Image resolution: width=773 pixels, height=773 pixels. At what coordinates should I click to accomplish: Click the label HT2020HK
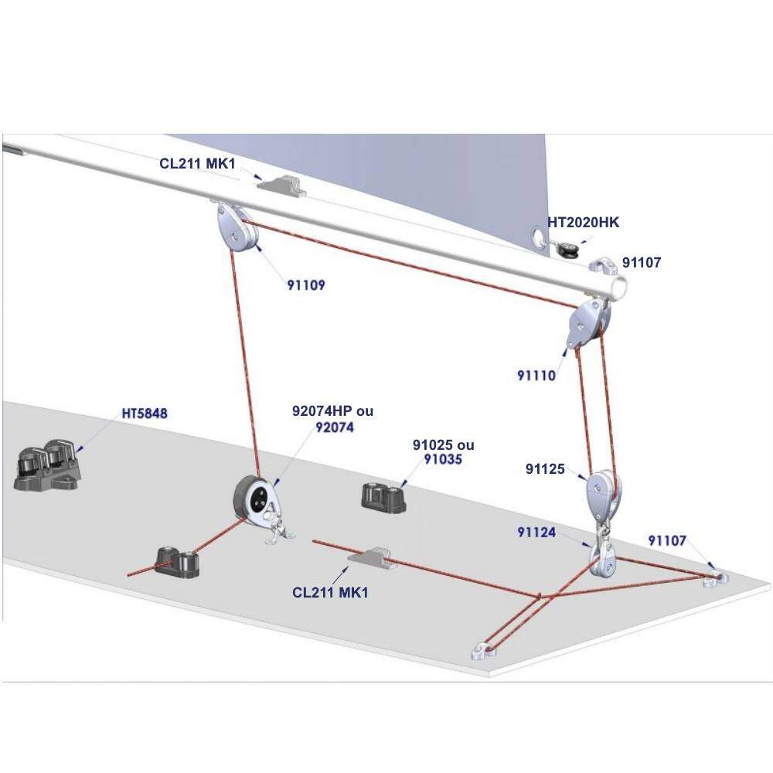tap(583, 223)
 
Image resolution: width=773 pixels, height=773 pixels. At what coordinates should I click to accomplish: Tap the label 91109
tap(306, 285)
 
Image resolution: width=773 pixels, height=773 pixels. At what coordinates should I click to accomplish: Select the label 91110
tap(536, 375)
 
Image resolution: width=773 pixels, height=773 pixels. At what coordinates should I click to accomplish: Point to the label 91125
tap(545, 469)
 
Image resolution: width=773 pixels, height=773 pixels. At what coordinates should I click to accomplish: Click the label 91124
tap(536, 533)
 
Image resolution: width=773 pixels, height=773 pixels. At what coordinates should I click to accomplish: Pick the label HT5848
tap(145, 413)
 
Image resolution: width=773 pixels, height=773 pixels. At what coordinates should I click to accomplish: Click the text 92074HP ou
tap(332, 410)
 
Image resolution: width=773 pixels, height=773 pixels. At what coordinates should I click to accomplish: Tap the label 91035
tap(443, 459)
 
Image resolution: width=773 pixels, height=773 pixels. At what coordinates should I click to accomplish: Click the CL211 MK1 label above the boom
tap(197, 164)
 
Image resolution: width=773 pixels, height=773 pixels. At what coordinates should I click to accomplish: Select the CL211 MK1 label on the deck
tap(330, 592)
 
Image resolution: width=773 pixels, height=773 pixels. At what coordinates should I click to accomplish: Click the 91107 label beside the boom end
tap(642, 263)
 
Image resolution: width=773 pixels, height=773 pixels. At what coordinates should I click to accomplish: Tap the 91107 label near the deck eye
tap(667, 541)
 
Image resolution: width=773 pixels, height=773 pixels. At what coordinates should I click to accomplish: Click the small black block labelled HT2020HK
tap(567, 248)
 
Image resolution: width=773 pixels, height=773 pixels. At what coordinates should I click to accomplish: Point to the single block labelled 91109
tap(237, 230)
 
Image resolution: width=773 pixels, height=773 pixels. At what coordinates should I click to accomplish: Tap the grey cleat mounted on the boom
tap(281, 186)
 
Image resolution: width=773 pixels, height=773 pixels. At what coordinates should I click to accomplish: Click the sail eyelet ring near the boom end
tap(539, 236)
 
